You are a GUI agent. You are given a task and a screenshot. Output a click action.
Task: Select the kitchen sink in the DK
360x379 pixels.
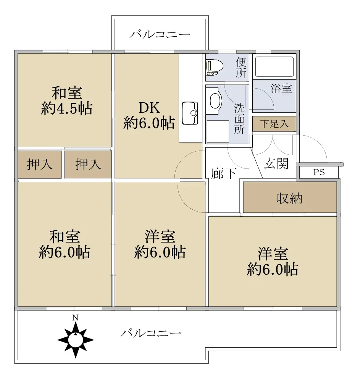point(190,113)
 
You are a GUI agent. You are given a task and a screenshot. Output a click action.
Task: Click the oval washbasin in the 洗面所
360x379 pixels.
point(216,101)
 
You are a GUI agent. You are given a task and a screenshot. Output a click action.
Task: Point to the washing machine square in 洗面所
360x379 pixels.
point(218,131)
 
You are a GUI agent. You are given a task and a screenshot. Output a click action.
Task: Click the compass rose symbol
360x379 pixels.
point(76,340)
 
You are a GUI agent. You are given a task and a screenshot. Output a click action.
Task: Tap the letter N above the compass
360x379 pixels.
point(76,317)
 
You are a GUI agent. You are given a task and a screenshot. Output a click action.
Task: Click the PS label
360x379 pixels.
point(319,172)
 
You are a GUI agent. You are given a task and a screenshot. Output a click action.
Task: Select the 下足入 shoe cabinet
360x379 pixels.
point(274,124)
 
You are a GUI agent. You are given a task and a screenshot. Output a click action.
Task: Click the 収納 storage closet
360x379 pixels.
point(290,197)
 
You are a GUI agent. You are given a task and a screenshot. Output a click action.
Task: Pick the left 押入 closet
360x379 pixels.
point(40,164)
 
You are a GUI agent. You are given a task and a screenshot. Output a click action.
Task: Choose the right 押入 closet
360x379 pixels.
point(88,164)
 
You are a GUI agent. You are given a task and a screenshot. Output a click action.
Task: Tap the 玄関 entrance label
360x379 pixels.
point(276,164)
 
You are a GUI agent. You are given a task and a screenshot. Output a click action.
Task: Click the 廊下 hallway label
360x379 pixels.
point(224,173)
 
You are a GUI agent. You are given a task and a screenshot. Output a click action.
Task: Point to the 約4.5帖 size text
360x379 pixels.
point(67,108)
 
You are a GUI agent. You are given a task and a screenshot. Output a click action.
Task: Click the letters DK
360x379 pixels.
point(149,108)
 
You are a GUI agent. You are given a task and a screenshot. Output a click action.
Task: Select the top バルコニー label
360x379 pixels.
point(160,34)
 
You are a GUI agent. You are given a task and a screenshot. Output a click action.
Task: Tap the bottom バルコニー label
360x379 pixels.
point(151,334)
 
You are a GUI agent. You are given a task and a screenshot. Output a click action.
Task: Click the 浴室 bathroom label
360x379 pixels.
point(281,89)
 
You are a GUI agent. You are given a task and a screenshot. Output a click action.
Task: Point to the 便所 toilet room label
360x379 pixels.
point(241,68)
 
